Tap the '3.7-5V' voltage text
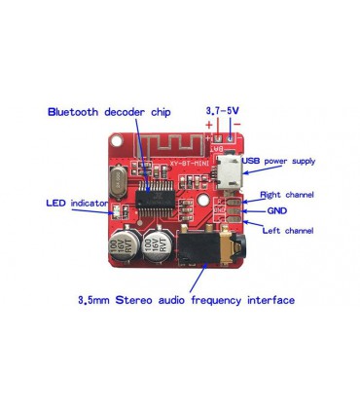click(223, 111)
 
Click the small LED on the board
click(114, 212)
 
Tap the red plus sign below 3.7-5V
click(209, 125)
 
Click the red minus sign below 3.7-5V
click(236, 125)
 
